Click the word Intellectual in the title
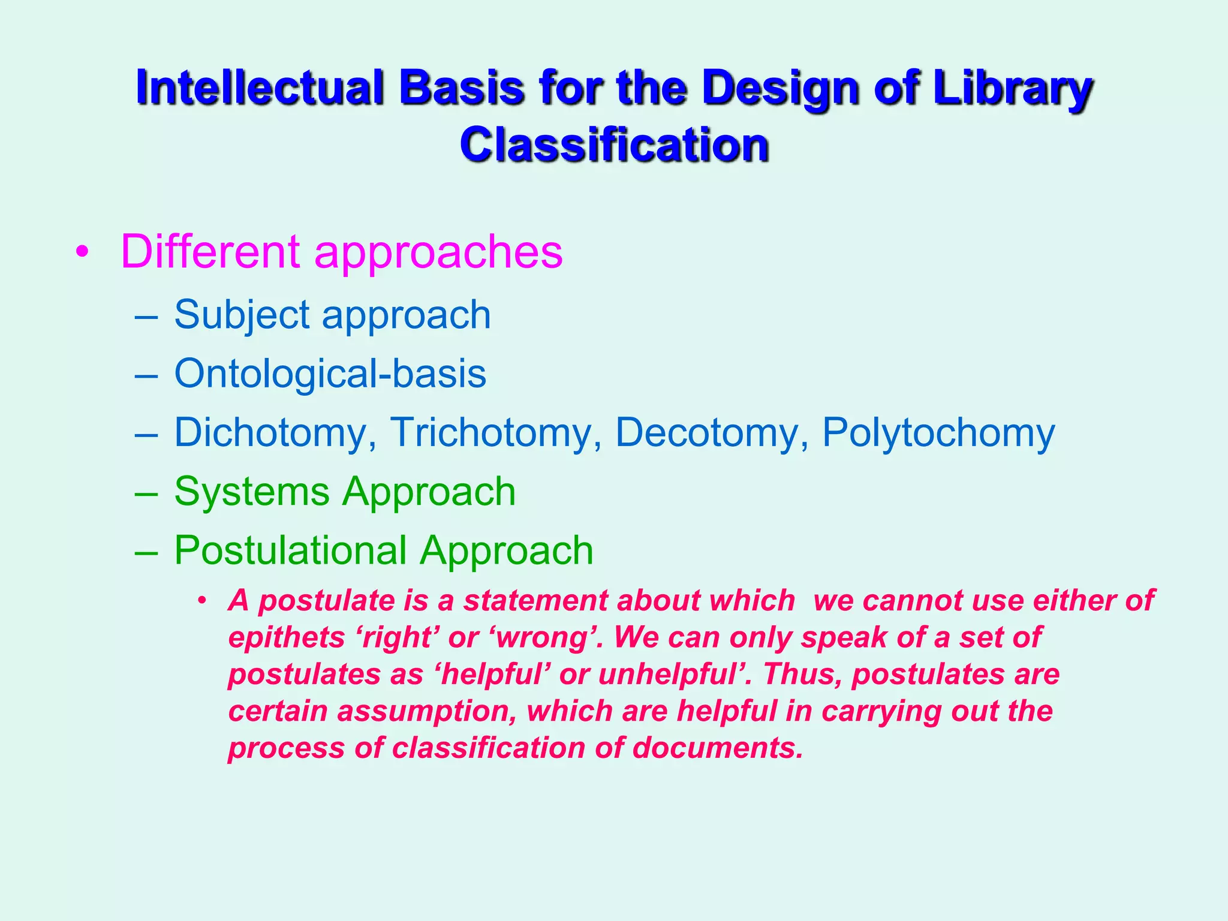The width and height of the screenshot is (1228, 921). (259, 88)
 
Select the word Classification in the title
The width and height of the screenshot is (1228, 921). (614, 145)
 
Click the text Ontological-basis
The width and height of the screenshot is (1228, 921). (330, 373)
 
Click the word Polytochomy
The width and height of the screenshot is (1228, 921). (938, 432)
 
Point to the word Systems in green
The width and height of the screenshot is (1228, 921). (252, 491)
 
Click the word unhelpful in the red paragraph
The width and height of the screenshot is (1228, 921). (672, 674)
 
